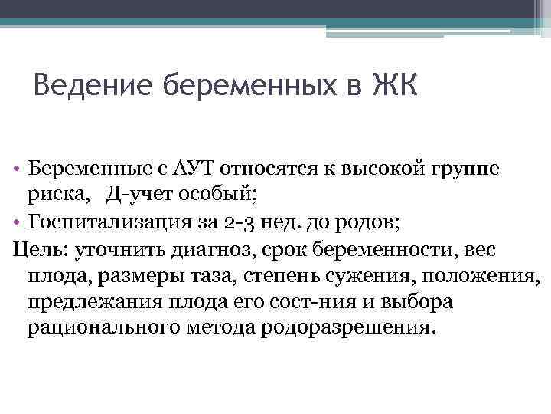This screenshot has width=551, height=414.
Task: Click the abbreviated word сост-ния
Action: click(x=291, y=302)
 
